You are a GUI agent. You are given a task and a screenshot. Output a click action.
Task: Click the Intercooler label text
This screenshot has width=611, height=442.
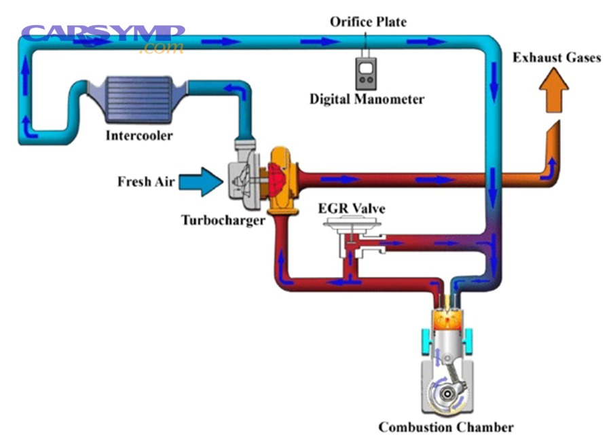[x=139, y=135]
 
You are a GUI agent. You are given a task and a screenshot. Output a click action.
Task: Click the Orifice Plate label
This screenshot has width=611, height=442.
[x=368, y=22]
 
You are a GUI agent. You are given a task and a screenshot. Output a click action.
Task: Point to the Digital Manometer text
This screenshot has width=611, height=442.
[x=367, y=99]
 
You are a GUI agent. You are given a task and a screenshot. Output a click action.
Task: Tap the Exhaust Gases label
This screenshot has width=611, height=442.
[x=556, y=58]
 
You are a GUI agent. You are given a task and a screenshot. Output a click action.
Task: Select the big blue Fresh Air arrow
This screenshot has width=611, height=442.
[x=203, y=181]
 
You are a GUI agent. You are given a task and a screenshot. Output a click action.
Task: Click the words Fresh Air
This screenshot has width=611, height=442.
[x=146, y=181]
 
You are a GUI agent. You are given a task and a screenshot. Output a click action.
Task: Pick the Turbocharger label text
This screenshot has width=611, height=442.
[x=223, y=220]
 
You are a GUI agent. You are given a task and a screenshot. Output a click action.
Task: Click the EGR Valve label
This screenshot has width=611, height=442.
[x=351, y=208]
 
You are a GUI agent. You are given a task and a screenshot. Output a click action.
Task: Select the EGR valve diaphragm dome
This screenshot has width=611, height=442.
[x=352, y=223]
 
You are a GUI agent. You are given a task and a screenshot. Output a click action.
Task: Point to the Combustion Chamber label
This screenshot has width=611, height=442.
[x=445, y=427]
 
